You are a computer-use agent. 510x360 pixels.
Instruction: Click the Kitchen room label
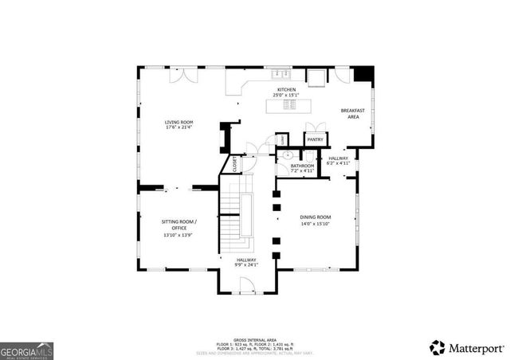(x=286, y=89)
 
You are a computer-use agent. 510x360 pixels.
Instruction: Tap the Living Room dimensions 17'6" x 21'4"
(x=179, y=127)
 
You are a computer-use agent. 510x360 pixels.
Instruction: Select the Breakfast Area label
(x=352, y=114)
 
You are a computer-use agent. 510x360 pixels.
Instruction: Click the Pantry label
(x=315, y=139)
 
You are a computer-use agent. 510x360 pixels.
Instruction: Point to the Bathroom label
(x=302, y=165)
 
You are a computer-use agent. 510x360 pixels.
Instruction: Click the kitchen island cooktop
(x=292, y=104)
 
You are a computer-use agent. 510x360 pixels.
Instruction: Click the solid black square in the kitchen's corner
(x=364, y=72)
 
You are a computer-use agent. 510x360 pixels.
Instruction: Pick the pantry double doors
(x=315, y=130)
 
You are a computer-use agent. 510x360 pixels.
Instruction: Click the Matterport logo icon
(x=437, y=347)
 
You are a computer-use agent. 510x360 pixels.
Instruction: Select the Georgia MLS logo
(x=27, y=350)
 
